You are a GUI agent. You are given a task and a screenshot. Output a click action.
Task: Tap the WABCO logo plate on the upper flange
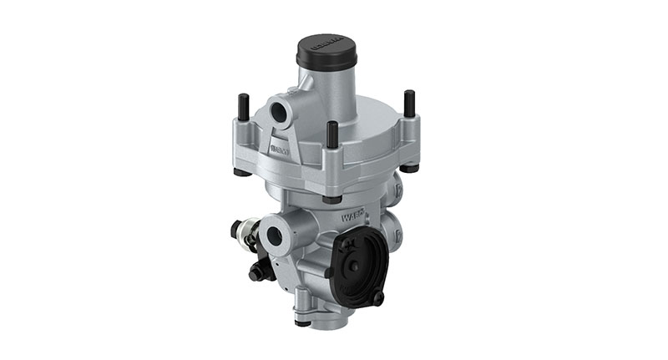[x=280, y=150]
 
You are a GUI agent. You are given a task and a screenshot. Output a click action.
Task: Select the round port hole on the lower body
[x=273, y=235]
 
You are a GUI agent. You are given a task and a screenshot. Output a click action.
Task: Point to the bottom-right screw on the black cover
[x=378, y=297]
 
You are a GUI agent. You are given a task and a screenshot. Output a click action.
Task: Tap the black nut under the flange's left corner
[x=242, y=173]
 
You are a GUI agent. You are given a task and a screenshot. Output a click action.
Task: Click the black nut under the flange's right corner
[x=410, y=167]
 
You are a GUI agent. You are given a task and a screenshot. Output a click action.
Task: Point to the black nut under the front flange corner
[x=331, y=199]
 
